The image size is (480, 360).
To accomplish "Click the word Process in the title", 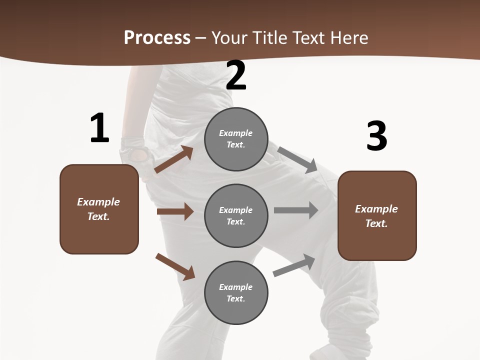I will (x=157, y=38).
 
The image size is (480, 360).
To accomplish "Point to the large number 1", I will (x=99, y=128).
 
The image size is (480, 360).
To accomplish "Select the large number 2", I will (x=236, y=75).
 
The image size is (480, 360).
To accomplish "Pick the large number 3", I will (x=376, y=136).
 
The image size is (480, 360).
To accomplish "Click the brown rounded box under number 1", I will (x=99, y=209).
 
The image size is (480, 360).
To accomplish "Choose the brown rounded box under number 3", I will (x=377, y=216).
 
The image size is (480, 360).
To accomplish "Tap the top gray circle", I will (x=236, y=139).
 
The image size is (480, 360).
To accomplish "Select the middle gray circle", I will (x=236, y=215).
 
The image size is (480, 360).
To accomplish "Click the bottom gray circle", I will (x=236, y=292).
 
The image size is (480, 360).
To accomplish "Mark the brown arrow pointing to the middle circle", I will (x=175, y=211).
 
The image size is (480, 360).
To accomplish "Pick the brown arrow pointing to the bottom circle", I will (x=175, y=266).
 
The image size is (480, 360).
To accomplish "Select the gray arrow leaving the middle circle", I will (x=296, y=210).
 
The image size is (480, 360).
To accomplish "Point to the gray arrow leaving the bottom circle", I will (x=294, y=265).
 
